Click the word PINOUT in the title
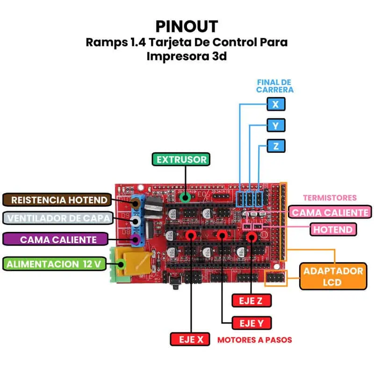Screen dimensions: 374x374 coord(187,26)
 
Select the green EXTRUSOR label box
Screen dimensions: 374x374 coord(181,159)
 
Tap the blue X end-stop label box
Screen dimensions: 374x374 coord(275,104)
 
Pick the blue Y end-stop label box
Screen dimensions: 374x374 coord(276,125)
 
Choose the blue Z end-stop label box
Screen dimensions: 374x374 coord(276,146)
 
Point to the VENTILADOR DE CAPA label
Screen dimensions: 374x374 coord(59,218)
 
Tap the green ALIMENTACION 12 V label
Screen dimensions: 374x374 coord(53,264)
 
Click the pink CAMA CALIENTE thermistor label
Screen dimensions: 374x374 coord(331,212)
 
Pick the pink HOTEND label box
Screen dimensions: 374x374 coord(333,230)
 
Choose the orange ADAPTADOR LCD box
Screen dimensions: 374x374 coord(333,276)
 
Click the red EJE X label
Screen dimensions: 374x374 coord(190,339)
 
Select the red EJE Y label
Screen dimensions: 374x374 coord(252,323)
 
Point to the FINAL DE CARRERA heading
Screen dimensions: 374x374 coord(275,86)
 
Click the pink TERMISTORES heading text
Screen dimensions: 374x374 coord(330,198)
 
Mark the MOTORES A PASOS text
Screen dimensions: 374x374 coord(255,340)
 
